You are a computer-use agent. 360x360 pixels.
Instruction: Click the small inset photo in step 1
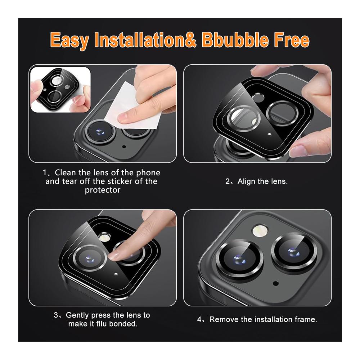(x=60, y=90)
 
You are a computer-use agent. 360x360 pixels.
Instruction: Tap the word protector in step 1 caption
(x=102, y=190)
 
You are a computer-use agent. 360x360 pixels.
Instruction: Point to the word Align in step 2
(x=246, y=181)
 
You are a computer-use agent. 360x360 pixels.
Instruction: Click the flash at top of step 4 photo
(x=260, y=231)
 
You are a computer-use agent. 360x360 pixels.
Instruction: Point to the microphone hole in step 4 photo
(x=276, y=284)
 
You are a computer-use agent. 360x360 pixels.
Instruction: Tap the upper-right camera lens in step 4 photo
(x=294, y=251)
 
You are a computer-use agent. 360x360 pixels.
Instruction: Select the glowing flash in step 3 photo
(x=104, y=238)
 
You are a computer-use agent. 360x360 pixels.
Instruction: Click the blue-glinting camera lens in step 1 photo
(x=100, y=132)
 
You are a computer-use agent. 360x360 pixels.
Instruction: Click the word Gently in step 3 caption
(x=77, y=315)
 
